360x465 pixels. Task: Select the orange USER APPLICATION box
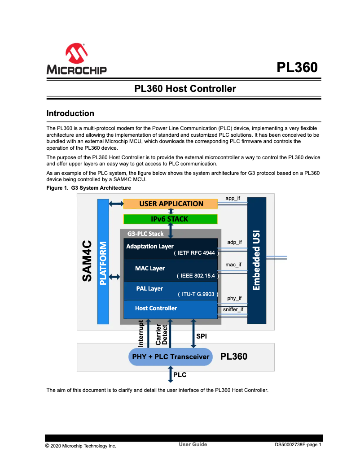(171, 204)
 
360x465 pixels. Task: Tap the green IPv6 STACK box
(171, 219)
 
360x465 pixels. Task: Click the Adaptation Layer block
(171, 249)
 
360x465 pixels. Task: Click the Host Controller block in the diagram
(171, 309)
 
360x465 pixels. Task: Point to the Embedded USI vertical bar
(257, 260)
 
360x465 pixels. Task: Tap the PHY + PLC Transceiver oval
(171, 357)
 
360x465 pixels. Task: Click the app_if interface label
(233, 198)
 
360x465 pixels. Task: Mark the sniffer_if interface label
(233, 309)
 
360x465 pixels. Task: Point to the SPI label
(202, 336)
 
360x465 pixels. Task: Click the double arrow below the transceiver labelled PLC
(171, 374)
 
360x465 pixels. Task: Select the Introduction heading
(70, 113)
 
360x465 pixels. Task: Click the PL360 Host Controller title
(185, 89)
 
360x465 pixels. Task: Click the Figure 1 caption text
(89, 188)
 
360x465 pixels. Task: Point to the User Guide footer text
(193, 444)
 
